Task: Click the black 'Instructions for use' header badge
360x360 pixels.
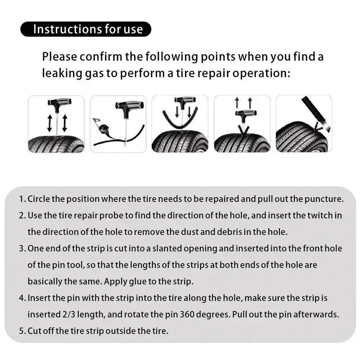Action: click(x=85, y=29)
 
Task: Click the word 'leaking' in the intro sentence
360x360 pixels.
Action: click(x=61, y=73)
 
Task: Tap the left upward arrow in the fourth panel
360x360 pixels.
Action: click(x=237, y=103)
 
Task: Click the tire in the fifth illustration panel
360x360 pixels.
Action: click(x=299, y=139)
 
